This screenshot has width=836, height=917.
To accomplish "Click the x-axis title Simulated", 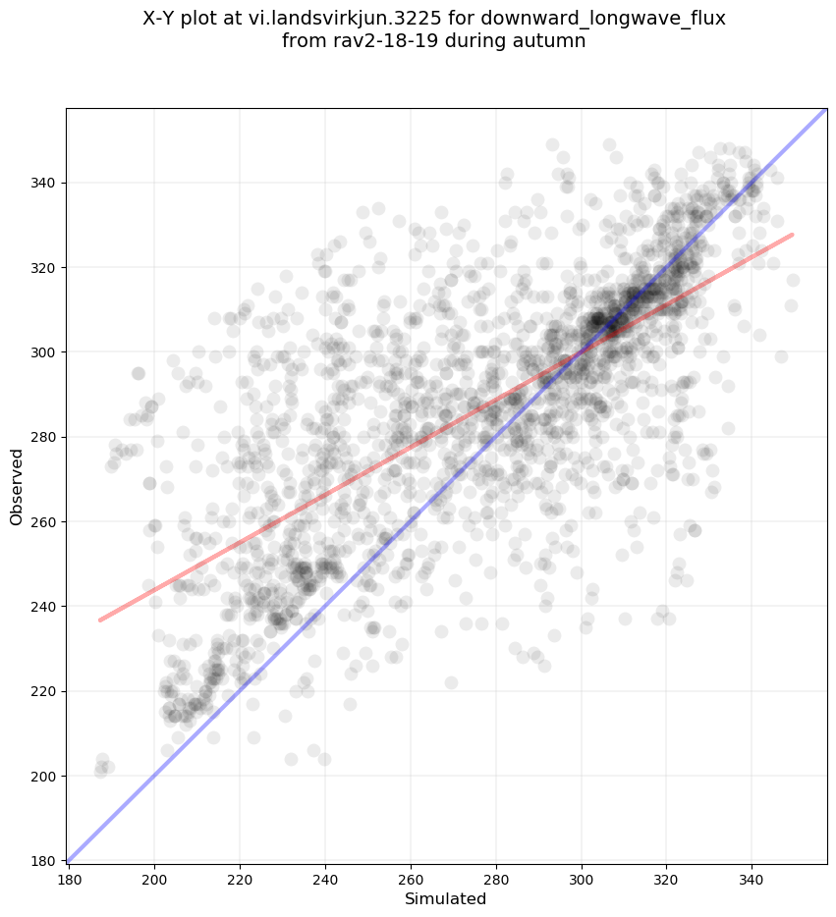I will [445, 898].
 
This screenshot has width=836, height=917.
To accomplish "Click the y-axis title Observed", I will [17, 486].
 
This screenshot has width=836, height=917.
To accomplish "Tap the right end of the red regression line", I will [793, 235].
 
